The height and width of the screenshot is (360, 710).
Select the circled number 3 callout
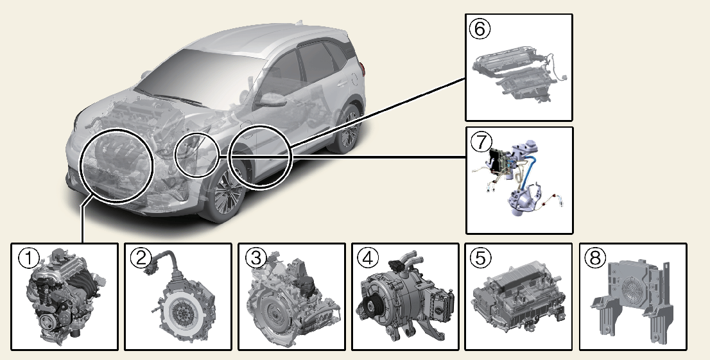click(254, 257)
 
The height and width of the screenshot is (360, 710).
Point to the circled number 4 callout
click(367, 257)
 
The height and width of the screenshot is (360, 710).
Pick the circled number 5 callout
click(481, 257)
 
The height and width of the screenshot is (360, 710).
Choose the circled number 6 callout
click(480, 28)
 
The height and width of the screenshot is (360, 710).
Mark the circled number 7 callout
click(480, 140)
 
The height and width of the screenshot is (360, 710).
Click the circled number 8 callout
click(595, 257)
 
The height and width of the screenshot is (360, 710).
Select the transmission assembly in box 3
click(292, 302)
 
